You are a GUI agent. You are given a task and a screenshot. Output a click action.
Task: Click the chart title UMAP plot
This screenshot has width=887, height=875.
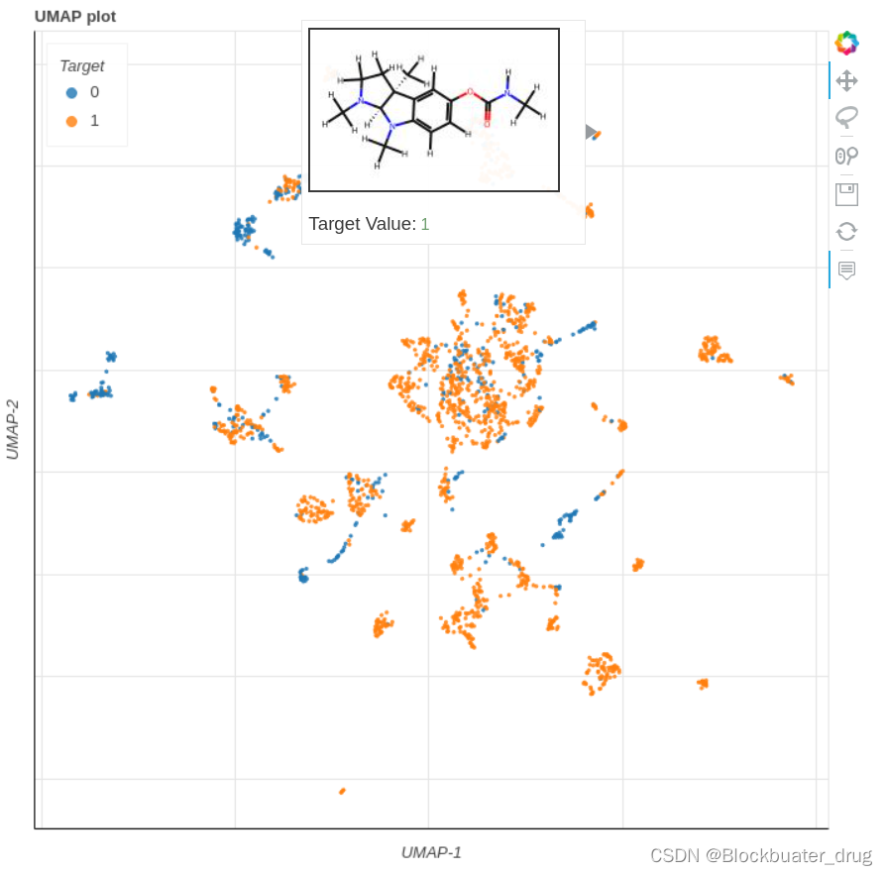coord(75,16)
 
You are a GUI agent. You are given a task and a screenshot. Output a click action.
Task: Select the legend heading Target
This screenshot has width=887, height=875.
coord(81,66)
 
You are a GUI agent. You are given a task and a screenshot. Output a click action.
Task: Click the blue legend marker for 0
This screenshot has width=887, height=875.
coord(71,92)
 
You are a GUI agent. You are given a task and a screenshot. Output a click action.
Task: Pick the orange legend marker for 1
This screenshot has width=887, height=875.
coord(71,121)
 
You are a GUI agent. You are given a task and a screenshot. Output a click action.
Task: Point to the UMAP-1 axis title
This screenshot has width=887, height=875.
coord(431,852)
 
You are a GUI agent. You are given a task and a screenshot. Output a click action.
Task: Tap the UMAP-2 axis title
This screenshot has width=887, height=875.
coord(13,429)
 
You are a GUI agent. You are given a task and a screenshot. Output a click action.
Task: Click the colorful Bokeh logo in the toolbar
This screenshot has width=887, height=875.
coord(846,43)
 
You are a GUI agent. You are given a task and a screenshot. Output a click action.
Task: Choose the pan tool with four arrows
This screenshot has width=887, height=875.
coord(846,80)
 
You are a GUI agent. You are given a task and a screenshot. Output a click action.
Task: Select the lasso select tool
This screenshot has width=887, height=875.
coord(846,118)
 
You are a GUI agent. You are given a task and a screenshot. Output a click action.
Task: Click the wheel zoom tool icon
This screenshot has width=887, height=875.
coord(846,156)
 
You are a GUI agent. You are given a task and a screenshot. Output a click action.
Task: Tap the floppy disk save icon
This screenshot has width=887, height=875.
coord(846,193)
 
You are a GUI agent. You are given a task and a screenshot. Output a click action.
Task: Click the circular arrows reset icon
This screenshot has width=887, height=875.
coord(846,231)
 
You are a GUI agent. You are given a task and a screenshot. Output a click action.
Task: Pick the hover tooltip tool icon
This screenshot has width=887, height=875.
coord(846,270)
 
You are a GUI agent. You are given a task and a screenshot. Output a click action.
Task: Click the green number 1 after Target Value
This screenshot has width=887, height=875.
coord(425,224)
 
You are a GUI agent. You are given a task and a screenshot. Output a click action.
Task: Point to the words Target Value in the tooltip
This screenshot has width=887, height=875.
coord(362,224)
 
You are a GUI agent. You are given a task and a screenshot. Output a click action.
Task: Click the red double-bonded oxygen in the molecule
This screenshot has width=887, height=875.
coord(488,124)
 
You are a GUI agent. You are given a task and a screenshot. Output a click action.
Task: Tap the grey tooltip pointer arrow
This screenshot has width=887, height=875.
coord(592,132)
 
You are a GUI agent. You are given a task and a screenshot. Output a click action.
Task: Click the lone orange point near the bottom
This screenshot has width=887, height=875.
coord(342,791)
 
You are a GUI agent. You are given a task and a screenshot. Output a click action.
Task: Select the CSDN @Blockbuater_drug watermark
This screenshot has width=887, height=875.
coord(760,854)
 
